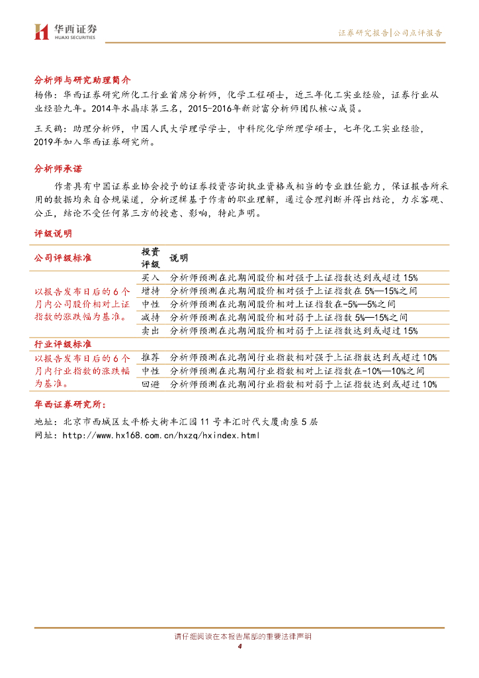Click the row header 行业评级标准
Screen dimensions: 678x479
point(63,344)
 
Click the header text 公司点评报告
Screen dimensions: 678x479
point(418,32)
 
